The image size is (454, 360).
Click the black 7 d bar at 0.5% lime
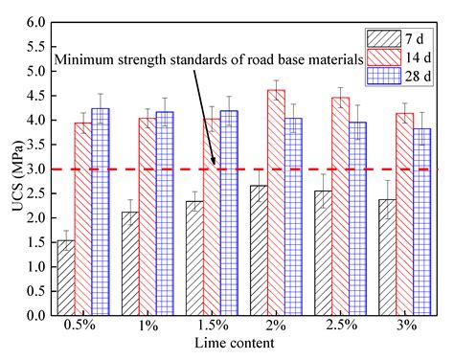coord(66,278)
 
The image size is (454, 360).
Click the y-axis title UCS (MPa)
coord(11,169)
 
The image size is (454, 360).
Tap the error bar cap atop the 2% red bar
coord(276,80)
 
